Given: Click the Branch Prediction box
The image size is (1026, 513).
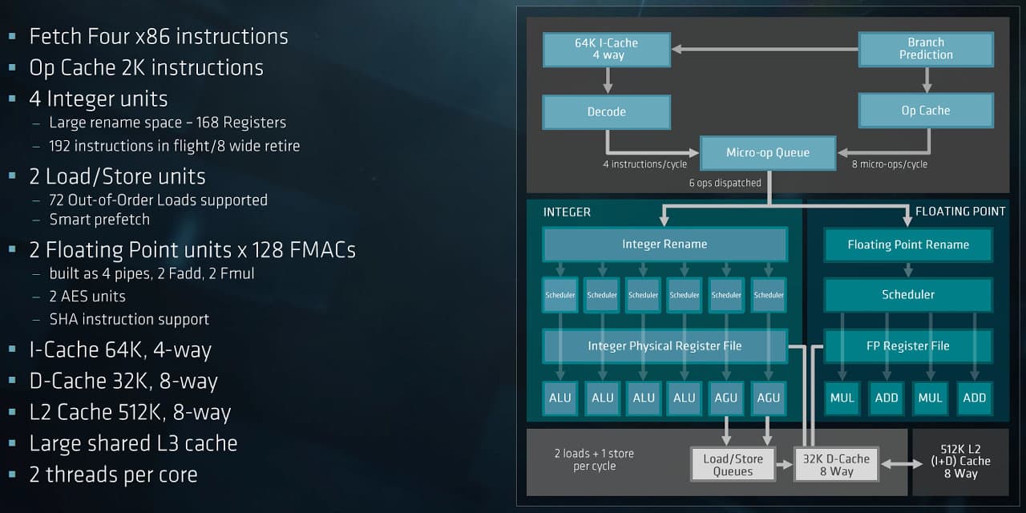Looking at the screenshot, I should (x=926, y=49).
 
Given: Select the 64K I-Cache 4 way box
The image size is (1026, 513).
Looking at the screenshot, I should (x=607, y=49).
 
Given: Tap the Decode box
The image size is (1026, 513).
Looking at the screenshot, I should (x=607, y=112).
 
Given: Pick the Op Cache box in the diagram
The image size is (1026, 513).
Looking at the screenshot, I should (x=926, y=111).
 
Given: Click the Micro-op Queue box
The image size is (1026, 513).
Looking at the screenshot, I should (x=768, y=152).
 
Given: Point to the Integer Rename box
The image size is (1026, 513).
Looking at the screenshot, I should (x=664, y=244).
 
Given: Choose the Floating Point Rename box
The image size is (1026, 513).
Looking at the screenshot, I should (x=908, y=244).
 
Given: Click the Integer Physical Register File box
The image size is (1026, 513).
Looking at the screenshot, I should (x=664, y=346).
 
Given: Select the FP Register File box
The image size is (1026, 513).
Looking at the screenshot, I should (x=908, y=346).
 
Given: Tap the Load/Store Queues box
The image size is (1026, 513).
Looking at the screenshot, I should (x=733, y=465).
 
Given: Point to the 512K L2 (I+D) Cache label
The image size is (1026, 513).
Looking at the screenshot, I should (x=966, y=461).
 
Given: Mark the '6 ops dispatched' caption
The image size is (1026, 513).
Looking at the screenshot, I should (x=725, y=183).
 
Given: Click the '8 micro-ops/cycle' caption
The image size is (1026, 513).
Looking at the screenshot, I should (x=890, y=164).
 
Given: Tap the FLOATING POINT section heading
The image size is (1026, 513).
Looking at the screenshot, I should (x=960, y=212).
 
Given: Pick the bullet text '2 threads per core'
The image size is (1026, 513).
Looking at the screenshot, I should (x=113, y=475).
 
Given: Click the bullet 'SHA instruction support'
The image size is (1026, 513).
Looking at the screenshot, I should (x=129, y=319).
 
